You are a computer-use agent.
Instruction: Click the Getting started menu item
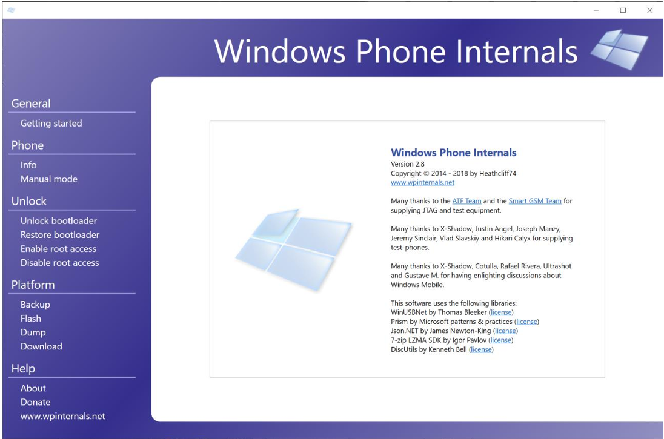pyautogui.click(x=51, y=123)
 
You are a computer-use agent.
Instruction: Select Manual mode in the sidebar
pyautogui.click(x=48, y=179)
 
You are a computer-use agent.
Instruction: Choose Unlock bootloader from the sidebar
pyautogui.click(x=58, y=220)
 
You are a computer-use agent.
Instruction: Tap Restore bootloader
pyautogui.click(x=60, y=234)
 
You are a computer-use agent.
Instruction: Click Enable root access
pyautogui.click(x=58, y=248)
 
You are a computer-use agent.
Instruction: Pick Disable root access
pyautogui.click(x=60, y=262)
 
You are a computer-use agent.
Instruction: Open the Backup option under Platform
pyautogui.click(x=35, y=305)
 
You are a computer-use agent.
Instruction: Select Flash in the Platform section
pyautogui.click(x=31, y=319)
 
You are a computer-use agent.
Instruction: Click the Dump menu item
pyautogui.click(x=33, y=332)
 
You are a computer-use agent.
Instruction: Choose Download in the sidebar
pyautogui.click(x=41, y=346)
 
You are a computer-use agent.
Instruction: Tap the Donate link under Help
pyautogui.click(x=35, y=402)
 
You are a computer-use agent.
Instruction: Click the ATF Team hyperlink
pyautogui.click(x=466, y=201)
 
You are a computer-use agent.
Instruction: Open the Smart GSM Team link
pyautogui.click(x=535, y=201)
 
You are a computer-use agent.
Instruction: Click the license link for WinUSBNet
pyautogui.click(x=501, y=312)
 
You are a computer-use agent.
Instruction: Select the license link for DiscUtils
pyautogui.click(x=481, y=349)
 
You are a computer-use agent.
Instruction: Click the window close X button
pyautogui.click(x=649, y=10)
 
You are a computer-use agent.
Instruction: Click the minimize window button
pyautogui.click(x=596, y=10)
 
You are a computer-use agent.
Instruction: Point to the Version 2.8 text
pyautogui.click(x=407, y=164)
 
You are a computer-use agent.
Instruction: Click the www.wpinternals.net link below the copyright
pyautogui.click(x=422, y=182)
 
